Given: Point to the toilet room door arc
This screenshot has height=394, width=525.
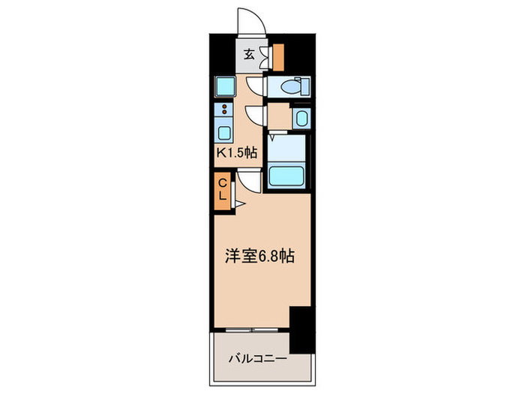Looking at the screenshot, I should tap(256, 87).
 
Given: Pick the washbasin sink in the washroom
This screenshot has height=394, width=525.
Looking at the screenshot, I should tap(301, 118).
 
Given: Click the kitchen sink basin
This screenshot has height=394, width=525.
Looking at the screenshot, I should tap(223, 133).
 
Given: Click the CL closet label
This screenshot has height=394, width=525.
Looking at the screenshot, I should tap(223, 188).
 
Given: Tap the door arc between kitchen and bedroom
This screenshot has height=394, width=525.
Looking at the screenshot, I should tap(250, 180).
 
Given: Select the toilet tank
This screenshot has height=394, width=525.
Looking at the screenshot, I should tap(304, 88).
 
